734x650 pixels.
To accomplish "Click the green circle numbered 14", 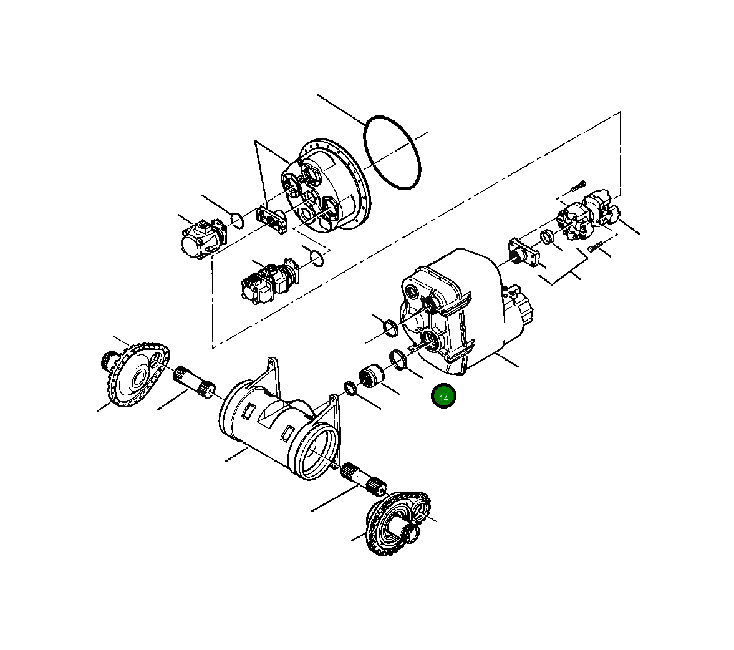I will [443, 397].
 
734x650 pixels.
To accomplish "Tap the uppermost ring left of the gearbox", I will [390, 327].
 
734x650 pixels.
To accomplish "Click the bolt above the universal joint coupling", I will [577, 185].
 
